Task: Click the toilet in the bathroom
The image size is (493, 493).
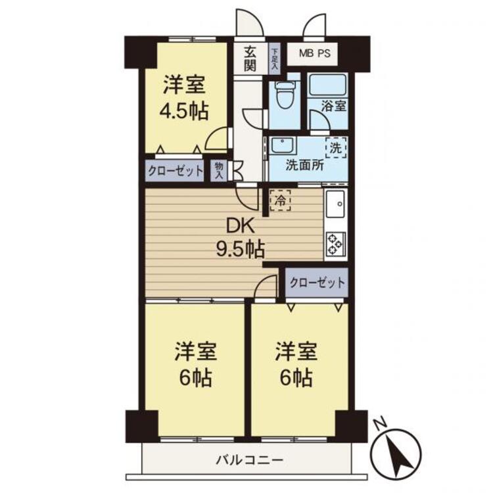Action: pyautogui.click(x=284, y=94)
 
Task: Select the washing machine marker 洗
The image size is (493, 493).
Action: pyautogui.click(x=336, y=148)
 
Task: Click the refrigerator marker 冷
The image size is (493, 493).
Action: pyautogui.click(x=280, y=200)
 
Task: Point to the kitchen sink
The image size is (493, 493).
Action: pyautogui.click(x=335, y=203)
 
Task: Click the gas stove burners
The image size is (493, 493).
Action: pyautogui.click(x=335, y=244)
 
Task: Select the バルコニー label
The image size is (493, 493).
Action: pyautogui.click(x=249, y=461)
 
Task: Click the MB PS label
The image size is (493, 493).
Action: pyautogui.click(x=315, y=53)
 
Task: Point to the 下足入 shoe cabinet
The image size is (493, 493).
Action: pyautogui.click(x=275, y=59)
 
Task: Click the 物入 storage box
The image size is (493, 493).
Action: pyautogui.click(x=219, y=171)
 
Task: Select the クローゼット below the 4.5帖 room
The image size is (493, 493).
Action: pyautogui.click(x=175, y=171)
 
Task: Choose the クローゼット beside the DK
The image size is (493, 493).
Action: pyautogui.click(x=317, y=283)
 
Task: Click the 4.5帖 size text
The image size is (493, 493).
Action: pyautogui.click(x=184, y=111)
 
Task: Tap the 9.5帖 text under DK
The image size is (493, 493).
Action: pyautogui.click(x=240, y=249)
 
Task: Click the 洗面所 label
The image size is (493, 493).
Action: pyautogui.click(x=304, y=166)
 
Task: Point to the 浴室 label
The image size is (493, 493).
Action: pyautogui.click(x=334, y=106)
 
